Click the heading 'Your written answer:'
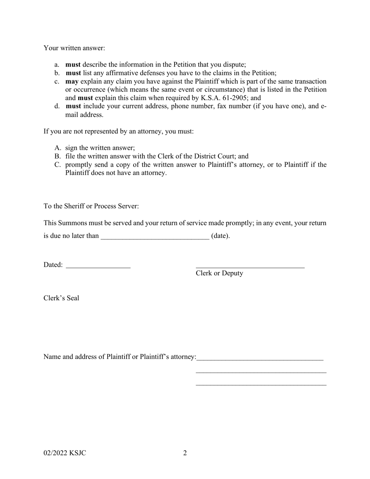click(74, 48)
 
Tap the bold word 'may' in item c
click(72, 81)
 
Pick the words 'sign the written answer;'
click(100, 148)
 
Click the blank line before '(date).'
click(155, 236)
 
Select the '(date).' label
click(220, 236)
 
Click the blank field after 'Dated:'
click(98, 266)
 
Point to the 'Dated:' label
click(53, 265)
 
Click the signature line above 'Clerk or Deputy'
click(250, 266)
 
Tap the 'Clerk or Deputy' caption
click(219, 273)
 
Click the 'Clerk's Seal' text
click(61, 298)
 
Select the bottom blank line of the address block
click(261, 385)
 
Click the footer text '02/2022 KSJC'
click(65, 453)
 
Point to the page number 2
click(185, 453)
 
